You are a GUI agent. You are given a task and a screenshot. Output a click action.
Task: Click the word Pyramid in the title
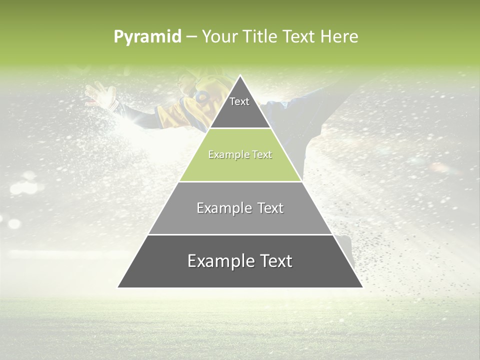point(147,37)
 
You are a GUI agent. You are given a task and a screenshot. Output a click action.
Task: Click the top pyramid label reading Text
point(239,101)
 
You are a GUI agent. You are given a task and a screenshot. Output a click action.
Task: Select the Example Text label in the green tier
point(240,154)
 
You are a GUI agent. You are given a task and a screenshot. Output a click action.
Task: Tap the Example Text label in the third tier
point(240,208)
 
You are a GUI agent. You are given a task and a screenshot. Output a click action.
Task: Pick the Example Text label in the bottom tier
point(240,261)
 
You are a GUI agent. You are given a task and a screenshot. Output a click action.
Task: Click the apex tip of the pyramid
point(240,76)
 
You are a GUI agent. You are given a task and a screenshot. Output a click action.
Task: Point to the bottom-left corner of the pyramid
point(118,287)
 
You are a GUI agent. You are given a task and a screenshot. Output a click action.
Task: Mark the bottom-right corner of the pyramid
point(362,287)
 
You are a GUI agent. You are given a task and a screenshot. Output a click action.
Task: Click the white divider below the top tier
point(240,128)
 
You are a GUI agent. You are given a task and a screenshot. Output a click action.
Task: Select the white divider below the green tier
point(240,181)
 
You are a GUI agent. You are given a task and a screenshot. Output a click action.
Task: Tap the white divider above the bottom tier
point(240,234)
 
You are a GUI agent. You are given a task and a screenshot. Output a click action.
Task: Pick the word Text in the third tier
point(270,208)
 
